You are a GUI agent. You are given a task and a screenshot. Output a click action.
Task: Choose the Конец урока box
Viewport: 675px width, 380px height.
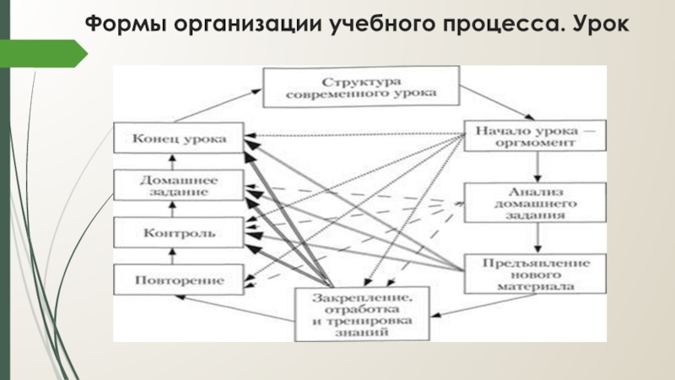(180, 138)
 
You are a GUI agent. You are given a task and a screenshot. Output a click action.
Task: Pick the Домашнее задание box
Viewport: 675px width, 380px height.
(180, 185)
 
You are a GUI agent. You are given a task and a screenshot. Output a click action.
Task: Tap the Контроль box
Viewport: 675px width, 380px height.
(180, 231)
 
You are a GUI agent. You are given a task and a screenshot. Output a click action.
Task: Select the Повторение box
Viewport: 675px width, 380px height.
(180, 278)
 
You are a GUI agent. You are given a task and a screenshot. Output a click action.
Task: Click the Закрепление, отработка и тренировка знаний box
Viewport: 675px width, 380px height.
(362, 313)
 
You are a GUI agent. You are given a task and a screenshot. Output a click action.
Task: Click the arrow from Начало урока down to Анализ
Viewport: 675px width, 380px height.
(529, 166)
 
